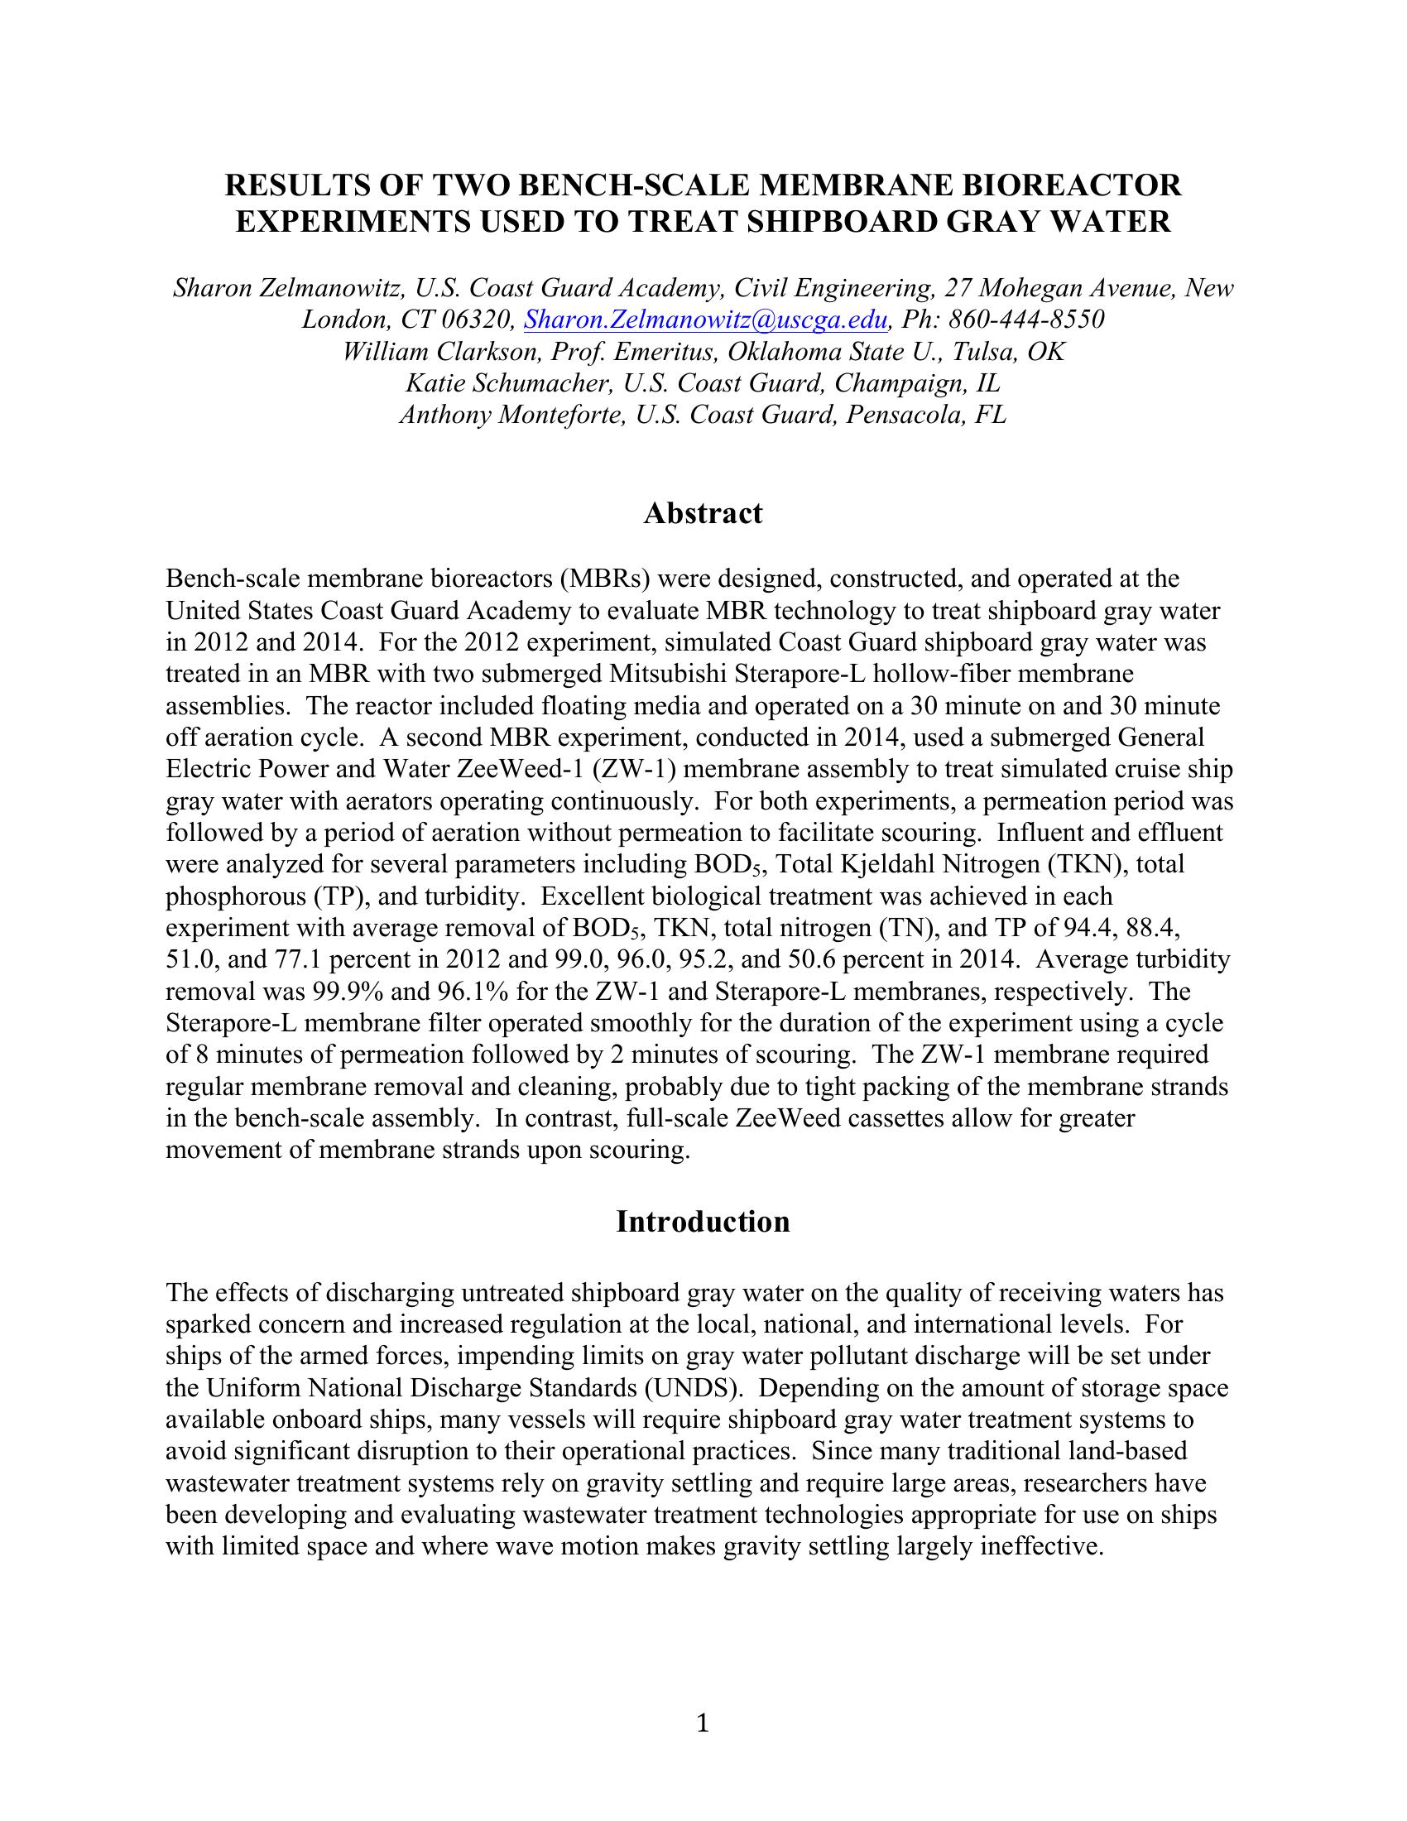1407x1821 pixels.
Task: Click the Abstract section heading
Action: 703,514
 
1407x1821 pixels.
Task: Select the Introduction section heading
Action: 703,1222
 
